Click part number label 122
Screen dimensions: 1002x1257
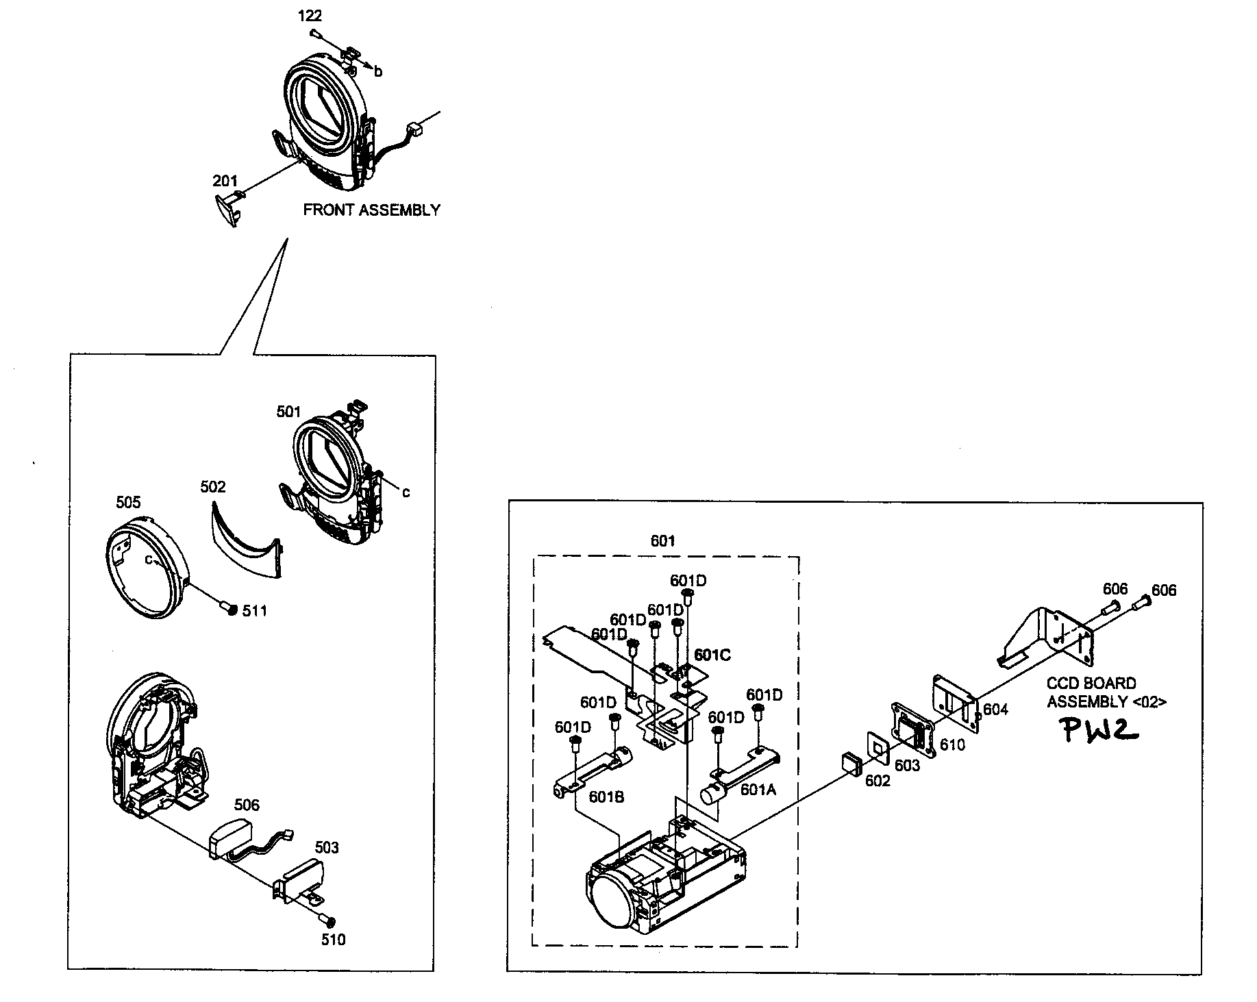(310, 16)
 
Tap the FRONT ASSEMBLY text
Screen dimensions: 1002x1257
(371, 210)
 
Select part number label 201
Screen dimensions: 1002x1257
(225, 181)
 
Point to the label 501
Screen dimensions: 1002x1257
(288, 412)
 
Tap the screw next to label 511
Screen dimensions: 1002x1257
(229, 608)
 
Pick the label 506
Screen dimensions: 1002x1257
(247, 805)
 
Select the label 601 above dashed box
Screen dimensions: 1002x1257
(662, 541)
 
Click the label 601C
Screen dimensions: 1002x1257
(712, 655)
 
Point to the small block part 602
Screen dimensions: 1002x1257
(851, 762)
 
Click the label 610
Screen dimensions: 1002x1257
(952, 744)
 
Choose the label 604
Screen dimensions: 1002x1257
(995, 710)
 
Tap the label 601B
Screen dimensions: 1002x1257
(606, 797)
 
